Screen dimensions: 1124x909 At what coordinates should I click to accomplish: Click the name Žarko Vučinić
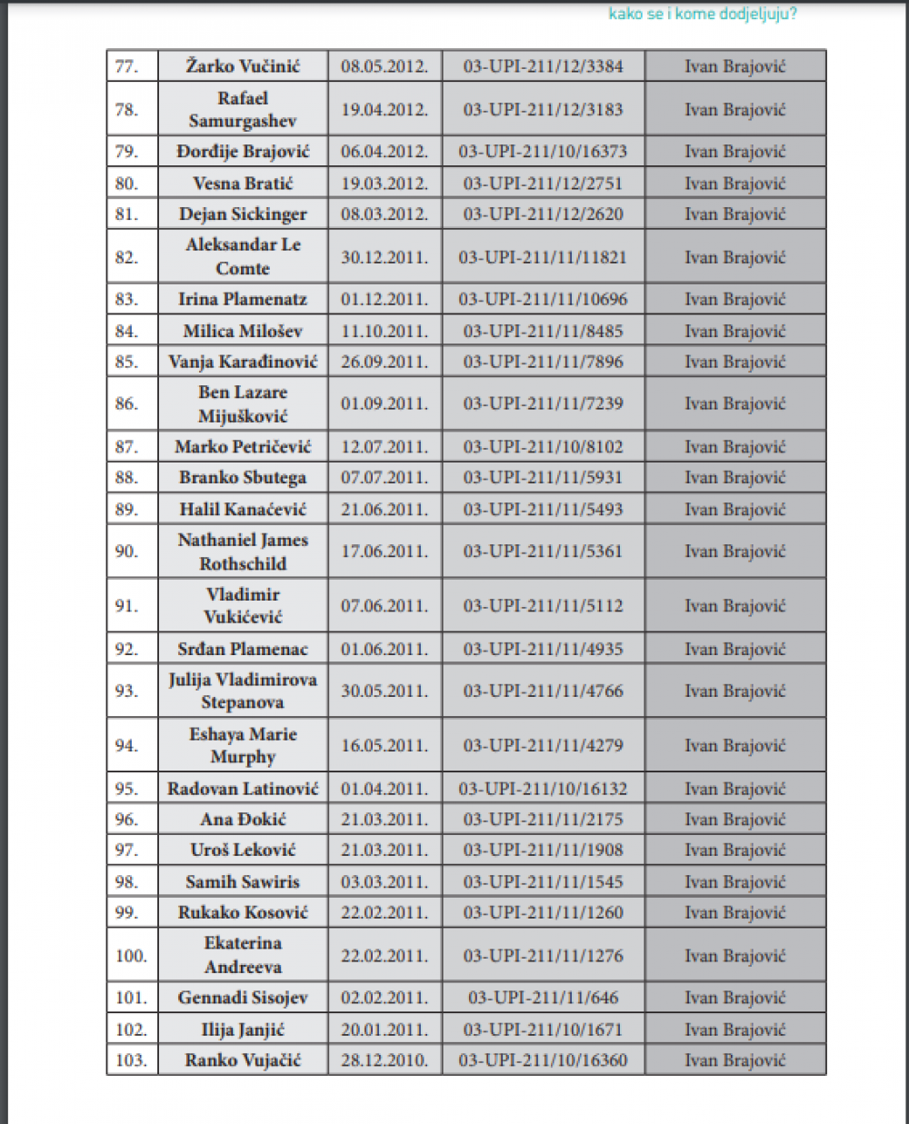[x=243, y=66]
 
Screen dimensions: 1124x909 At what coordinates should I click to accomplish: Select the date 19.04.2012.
[x=385, y=109]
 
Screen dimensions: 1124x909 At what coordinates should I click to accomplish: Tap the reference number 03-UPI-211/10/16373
[x=543, y=152]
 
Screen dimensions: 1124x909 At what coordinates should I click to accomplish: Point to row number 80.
[x=127, y=184]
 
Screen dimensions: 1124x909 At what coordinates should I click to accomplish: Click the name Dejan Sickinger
[x=243, y=214]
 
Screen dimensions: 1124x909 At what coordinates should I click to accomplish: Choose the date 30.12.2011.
[x=385, y=257]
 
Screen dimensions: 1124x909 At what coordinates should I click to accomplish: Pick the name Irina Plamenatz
[x=243, y=300]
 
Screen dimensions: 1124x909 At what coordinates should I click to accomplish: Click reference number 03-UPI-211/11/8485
[x=543, y=332]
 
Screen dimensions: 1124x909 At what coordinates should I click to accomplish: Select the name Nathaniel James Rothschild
[x=243, y=552]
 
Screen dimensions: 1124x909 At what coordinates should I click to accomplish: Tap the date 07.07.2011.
[x=385, y=478]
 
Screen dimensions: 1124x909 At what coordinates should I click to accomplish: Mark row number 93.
[x=127, y=691]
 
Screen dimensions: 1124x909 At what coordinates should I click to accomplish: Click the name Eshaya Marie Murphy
[x=243, y=746]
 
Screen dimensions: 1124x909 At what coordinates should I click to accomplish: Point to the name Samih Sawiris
[x=243, y=881]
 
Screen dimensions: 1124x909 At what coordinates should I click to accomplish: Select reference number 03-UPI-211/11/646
[x=543, y=998]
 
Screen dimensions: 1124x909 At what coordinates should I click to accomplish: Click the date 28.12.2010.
[x=385, y=1060]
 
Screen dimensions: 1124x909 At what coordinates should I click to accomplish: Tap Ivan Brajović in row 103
[x=734, y=1060]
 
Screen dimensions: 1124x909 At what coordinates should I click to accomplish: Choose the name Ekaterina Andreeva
[x=243, y=955]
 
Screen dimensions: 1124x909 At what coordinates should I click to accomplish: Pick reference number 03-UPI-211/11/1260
[x=543, y=912]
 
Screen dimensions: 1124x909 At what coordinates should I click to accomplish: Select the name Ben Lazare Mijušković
[x=243, y=404]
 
